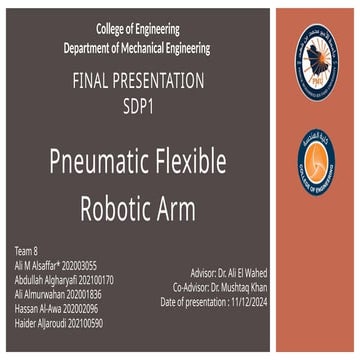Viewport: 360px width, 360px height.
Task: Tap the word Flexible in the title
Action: pos(187,162)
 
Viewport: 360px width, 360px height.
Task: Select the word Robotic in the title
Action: pos(114,207)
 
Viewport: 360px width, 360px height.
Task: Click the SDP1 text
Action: pos(138,103)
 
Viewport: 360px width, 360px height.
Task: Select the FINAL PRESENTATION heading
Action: pos(138,81)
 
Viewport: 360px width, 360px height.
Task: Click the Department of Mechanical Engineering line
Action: pos(138,48)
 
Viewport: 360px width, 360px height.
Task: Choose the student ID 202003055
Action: pos(79,265)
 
